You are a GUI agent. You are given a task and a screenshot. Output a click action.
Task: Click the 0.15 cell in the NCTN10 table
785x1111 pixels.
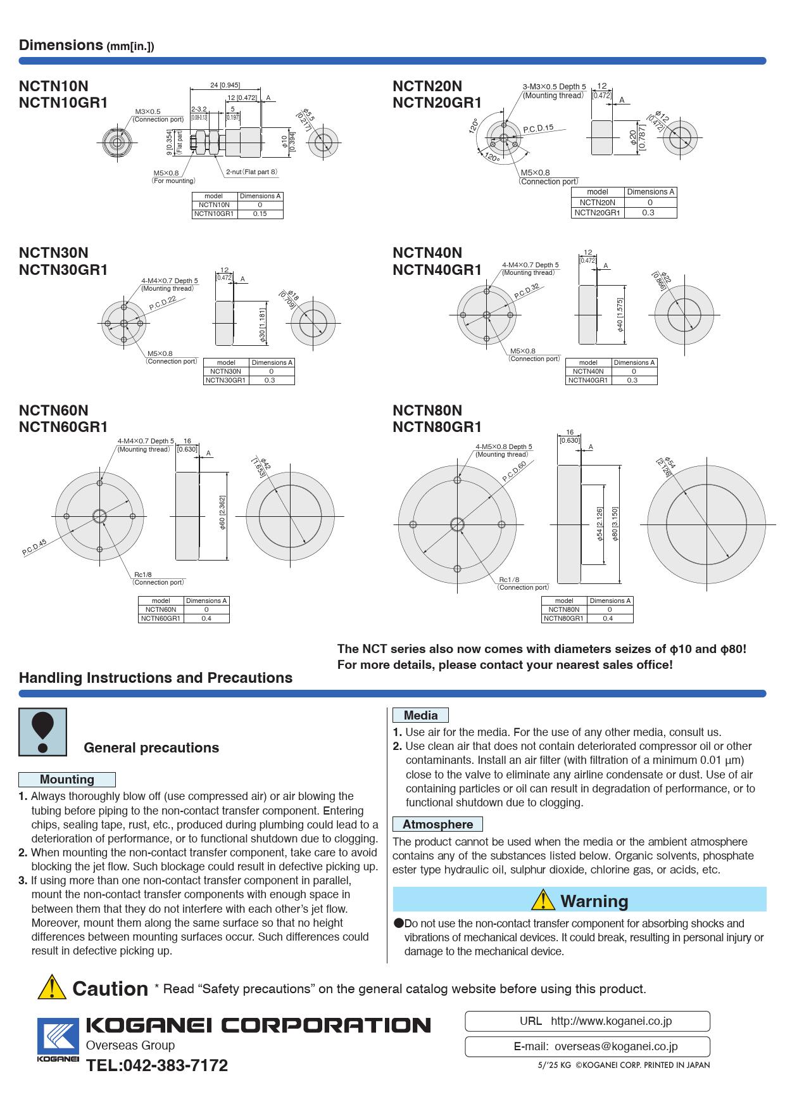coord(260,214)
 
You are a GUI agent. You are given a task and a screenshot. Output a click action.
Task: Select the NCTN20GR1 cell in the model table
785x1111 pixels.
coord(597,213)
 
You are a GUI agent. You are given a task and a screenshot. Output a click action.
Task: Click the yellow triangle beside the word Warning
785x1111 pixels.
coord(543,899)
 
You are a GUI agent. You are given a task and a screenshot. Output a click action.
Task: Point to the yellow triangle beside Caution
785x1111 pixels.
coord(52,987)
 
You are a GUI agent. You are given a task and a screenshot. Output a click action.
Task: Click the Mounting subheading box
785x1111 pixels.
coord(67,780)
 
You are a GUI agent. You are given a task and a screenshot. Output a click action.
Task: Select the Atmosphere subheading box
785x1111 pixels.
coord(437,824)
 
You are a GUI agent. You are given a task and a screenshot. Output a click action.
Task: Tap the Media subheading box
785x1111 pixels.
coord(420,715)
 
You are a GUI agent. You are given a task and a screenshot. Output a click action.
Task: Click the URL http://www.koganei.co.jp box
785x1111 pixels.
coord(587,1021)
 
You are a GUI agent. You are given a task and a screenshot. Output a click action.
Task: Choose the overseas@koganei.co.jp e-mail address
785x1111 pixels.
coord(615,1047)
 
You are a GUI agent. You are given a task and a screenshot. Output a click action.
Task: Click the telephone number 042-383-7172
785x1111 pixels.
coord(157,1065)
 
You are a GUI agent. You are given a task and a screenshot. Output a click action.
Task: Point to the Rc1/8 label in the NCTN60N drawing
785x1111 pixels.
coord(143,575)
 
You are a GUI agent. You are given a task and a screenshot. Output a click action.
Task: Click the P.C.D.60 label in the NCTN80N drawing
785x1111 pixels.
coord(514,471)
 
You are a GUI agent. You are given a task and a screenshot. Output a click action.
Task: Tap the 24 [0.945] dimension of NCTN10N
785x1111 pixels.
coord(225,86)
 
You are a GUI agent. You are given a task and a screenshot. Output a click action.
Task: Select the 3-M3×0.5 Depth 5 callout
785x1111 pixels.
coord(554,87)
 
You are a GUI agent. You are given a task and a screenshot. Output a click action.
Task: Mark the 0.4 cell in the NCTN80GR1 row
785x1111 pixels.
coord(608,618)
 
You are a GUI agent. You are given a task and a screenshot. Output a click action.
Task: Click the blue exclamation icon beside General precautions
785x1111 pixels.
coord(42,732)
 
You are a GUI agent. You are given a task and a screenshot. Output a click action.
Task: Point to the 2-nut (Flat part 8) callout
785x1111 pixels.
coord(252,172)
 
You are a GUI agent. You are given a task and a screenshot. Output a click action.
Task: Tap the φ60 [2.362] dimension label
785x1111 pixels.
coord(223,513)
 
